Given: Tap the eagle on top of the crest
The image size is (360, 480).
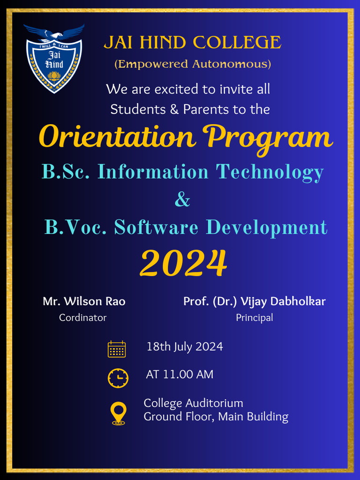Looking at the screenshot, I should tap(54, 33).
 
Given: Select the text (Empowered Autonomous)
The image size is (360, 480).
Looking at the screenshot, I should tap(193, 64).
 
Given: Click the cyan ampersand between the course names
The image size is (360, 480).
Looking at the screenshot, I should tap(182, 200).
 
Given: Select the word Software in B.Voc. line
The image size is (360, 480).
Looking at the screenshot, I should tap(156, 228).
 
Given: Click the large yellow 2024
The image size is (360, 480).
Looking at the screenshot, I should tap(183, 263).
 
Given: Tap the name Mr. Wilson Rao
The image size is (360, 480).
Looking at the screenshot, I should tap(84, 301).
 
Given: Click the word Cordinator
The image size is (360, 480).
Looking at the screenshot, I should tap(82, 318).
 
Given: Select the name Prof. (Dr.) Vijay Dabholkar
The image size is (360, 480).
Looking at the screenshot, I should tap(254, 301).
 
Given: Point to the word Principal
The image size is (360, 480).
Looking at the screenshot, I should tap(254, 318).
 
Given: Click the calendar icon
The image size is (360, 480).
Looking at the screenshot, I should tap(117, 349).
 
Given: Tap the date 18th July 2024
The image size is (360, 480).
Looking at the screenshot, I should tap(185, 347).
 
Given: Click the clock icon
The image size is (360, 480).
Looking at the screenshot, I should tap(118, 378).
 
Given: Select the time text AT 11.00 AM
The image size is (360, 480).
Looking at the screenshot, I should tap(180, 375).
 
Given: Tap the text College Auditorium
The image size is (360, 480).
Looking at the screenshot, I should tap(193, 403).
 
